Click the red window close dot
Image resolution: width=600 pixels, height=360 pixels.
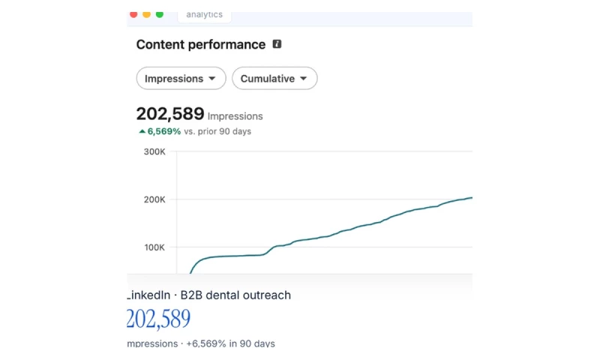point(133,14)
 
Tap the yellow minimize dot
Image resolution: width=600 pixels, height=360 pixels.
point(146,14)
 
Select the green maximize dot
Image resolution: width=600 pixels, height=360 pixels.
point(160,14)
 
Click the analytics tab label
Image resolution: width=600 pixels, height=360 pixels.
point(204,14)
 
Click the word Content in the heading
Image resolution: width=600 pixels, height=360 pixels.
point(160,44)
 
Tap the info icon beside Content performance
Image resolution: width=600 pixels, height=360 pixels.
point(277,44)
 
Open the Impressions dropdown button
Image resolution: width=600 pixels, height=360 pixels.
point(181,79)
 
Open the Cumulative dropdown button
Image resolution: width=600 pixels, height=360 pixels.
point(274,79)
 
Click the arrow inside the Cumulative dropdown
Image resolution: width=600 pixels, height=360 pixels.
point(304,79)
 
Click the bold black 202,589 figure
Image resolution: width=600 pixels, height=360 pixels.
point(170,113)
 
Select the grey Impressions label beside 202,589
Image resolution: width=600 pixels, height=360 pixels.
point(235,116)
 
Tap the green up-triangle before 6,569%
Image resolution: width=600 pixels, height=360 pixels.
point(142,131)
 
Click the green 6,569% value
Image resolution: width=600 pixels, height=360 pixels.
point(164,131)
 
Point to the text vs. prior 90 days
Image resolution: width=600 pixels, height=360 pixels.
point(217,131)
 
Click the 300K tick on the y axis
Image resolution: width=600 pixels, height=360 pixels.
point(154,152)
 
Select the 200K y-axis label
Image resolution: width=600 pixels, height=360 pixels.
point(154,199)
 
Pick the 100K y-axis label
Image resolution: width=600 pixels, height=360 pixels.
point(154,247)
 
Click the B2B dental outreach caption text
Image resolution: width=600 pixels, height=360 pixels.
point(235,295)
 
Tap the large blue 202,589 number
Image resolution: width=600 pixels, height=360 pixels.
point(158,319)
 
